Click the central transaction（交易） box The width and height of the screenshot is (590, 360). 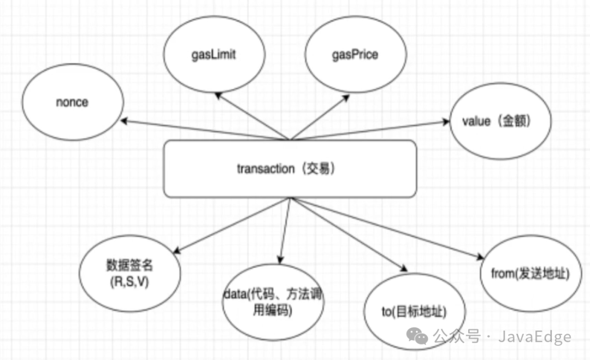coord(290,169)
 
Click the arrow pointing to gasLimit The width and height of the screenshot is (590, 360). coord(251,115)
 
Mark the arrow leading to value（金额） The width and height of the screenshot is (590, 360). coord(371,131)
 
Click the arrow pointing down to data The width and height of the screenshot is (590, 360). coord(285,230)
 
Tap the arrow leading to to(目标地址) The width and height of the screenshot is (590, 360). coord(350,234)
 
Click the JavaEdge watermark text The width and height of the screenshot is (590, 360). coord(534,337)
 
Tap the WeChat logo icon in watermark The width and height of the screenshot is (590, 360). coord(421,337)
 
